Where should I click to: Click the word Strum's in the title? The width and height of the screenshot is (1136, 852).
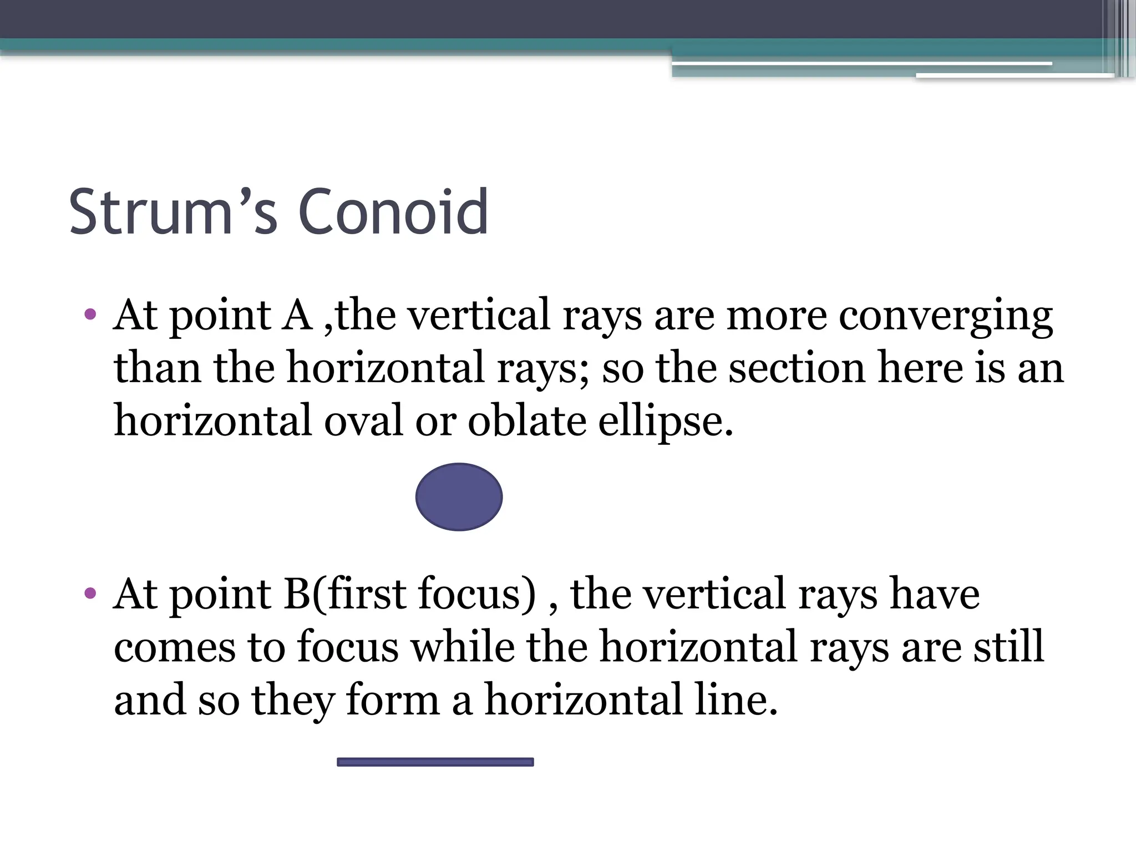pyautogui.click(x=173, y=212)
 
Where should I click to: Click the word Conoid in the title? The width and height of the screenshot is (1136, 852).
pyautogui.click(x=393, y=212)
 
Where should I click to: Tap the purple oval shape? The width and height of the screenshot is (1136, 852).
pyautogui.click(x=459, y=497)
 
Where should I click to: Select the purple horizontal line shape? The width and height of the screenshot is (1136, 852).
pyautogui.click(x=435, y=762)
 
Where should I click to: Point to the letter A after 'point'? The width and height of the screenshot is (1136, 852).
pyautogui.click(x=298, y=315)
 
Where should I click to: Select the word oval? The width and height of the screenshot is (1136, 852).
pyautogui.click(x=363, y=420)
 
